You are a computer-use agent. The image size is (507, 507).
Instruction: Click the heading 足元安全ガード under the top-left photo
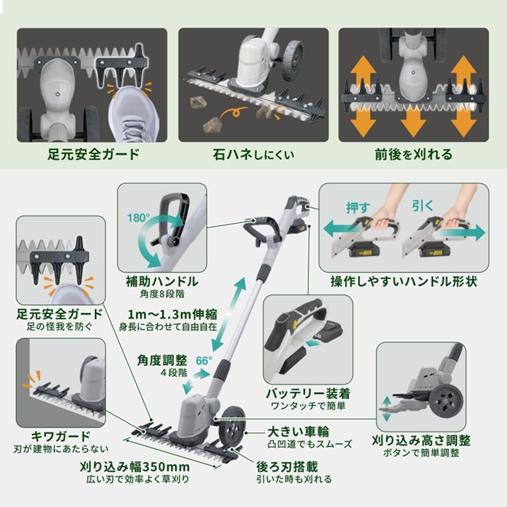click(93, 154)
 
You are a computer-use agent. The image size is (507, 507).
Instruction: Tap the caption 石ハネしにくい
click(253, 154)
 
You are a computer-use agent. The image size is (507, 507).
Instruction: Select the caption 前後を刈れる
click(414, 154)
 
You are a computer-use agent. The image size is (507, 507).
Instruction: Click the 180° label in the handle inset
click(138, 218)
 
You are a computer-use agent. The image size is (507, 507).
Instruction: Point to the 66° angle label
click(204, 360)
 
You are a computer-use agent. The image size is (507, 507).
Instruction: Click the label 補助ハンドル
click(162, 281)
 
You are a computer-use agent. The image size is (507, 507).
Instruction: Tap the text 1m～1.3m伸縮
click(172, 314)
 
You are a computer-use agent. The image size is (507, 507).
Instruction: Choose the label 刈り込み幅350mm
click(135, 467)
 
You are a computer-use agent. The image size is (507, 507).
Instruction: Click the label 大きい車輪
click(298, 432)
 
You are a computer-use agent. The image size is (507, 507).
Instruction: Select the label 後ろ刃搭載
click(287, 466)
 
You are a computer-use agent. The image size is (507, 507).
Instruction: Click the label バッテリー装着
click(308, 393)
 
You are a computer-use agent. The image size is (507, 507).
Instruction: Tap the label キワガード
click(60, 437)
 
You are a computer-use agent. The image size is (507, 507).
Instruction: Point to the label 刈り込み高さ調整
click(421, 440)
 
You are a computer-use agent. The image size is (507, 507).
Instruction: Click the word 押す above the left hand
click(358, 208)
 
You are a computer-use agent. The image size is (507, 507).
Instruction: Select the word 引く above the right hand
click(422, 206)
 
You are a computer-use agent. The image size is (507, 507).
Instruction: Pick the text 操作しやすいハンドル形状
click(404, 281)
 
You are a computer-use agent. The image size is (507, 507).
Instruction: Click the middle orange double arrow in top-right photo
click(414, 122)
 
